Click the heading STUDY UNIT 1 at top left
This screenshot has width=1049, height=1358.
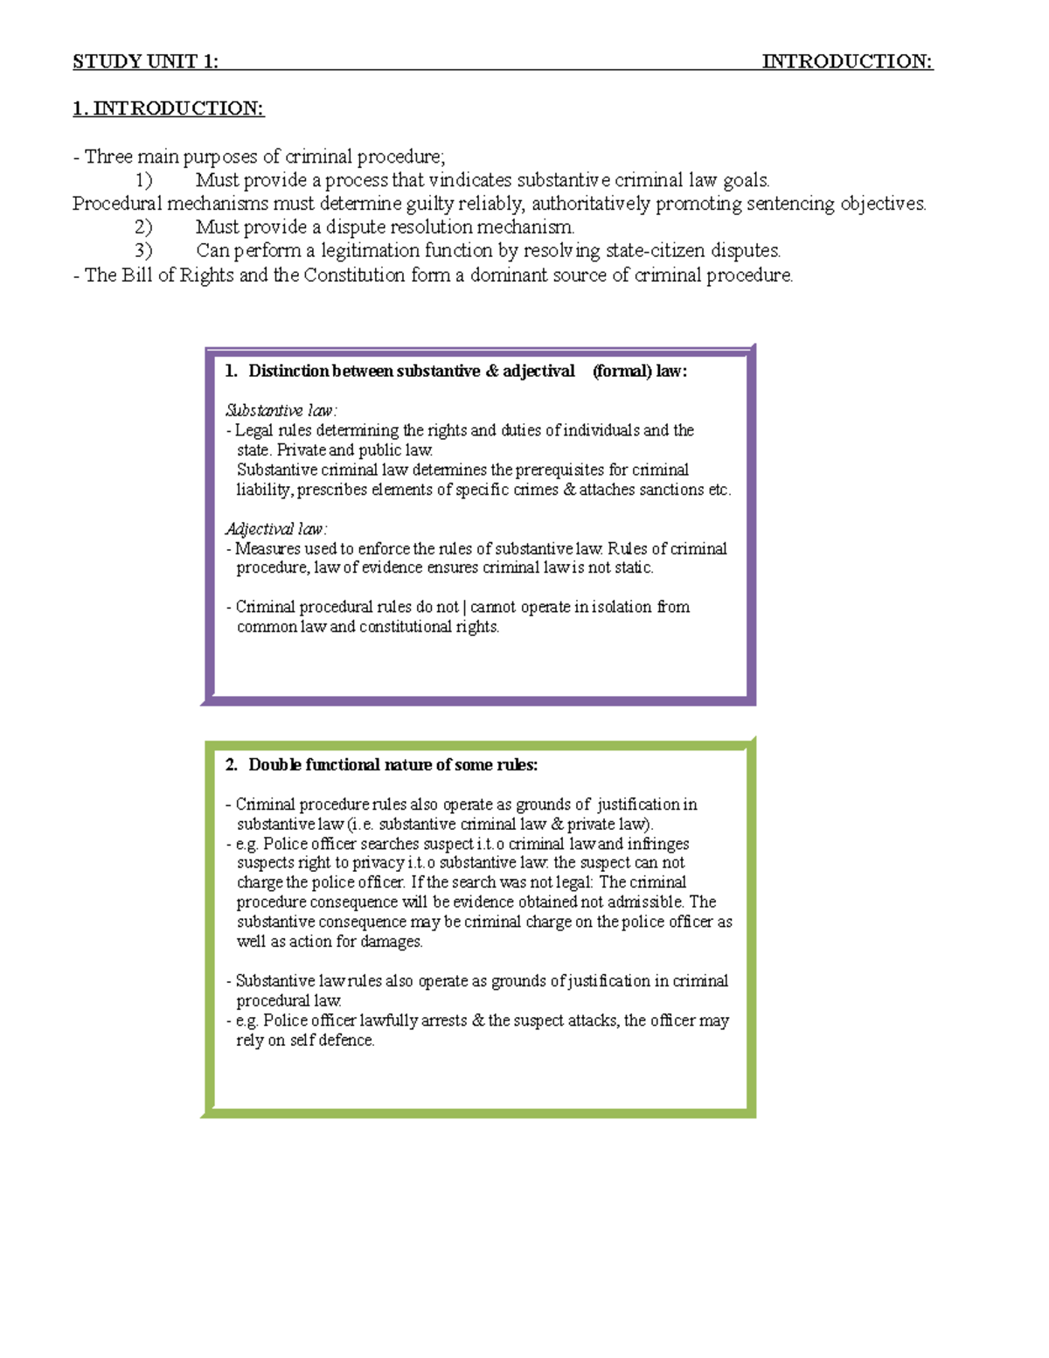tap(145, 61)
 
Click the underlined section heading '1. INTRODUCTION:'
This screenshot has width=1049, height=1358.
tap(168, 108)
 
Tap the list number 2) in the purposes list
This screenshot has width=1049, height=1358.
tap(143, 227)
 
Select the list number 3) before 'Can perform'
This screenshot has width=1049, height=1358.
tap(143, 251)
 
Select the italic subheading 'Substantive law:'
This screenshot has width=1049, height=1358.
tap(281, 410)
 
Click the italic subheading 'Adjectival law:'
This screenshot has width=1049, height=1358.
tap(276, 529)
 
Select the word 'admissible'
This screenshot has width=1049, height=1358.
tap(644, 902)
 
